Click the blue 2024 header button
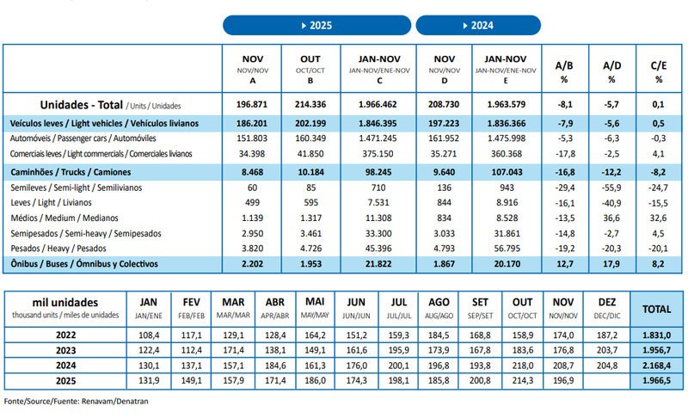[478, 25]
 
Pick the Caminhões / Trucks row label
[69, 172]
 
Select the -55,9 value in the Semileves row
[611, 187]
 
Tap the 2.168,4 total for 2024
[656, 365]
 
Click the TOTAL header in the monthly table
[656, 306]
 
